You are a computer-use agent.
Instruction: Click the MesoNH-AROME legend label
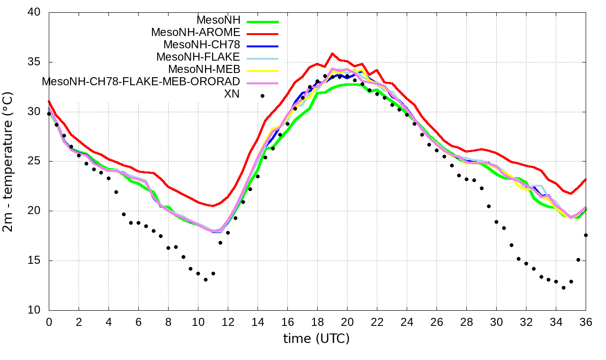(196, 32)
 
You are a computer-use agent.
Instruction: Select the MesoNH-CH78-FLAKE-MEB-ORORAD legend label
(141, 81)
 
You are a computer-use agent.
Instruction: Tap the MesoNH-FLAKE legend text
(198, 57)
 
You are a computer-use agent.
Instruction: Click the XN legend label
(232, 94)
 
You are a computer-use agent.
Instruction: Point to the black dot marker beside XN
(262, 96)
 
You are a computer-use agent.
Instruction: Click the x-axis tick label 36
(586, 322)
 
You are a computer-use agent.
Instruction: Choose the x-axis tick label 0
(49, 322)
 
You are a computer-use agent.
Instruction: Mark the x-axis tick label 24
(407, 322)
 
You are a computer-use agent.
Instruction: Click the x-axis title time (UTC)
(316, 339)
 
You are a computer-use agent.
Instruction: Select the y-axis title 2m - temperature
(9, 162)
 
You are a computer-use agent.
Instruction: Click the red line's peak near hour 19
(332, 54)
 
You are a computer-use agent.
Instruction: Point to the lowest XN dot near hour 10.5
(205, 279)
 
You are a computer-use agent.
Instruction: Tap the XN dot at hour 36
(586, 235)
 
